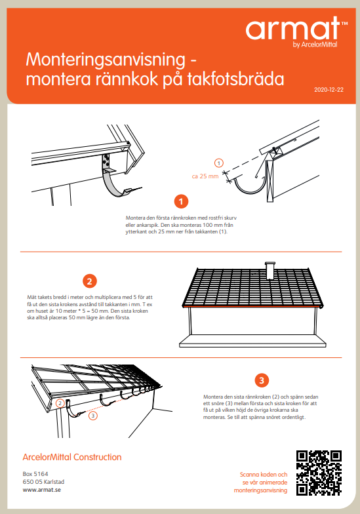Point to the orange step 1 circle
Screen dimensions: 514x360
(x=182, y=201)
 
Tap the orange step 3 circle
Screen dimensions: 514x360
(x=261, y=380)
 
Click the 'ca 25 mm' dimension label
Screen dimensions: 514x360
(x=205, y=176)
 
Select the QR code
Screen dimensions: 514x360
(x=319, y=472)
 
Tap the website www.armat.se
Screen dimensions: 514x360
(x=42, y=489)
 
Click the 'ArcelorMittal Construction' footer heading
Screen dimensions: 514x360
(x=72, y=457)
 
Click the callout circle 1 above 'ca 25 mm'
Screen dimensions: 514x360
(x=219, y=162)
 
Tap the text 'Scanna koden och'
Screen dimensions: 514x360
(x=262, y=474)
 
